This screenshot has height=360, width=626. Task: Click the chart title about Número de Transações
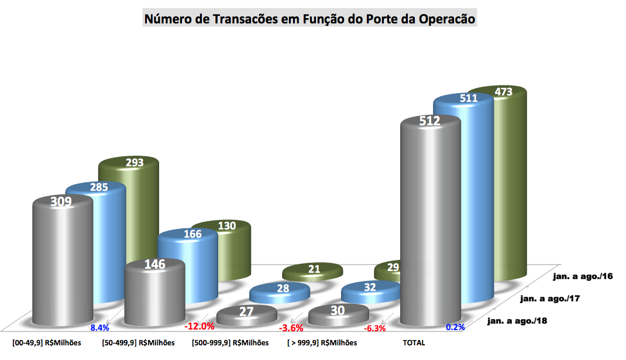tap(309, 19)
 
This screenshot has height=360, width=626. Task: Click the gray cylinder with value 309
tap(62, 263)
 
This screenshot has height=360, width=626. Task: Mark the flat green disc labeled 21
tap(313, 271)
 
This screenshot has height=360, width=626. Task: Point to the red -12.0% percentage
tap(199, 326)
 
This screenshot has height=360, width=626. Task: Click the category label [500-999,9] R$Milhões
tap(230, 342)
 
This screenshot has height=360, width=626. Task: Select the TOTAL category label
tap(413, 342)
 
